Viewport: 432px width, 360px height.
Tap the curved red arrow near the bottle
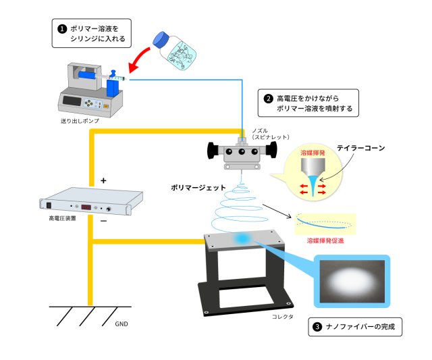point(138,59)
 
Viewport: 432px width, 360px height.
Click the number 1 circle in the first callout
point(62,29)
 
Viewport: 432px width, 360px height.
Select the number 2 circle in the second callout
point(268,99)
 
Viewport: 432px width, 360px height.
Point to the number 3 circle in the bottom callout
point(317,327)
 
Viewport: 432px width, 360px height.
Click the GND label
point(122,324)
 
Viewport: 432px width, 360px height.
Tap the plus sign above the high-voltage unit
point(103,180)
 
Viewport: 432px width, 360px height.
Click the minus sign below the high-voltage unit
point(103,221)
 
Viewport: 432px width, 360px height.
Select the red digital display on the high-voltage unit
point(86,207)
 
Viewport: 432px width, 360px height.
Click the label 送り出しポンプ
point(80,121)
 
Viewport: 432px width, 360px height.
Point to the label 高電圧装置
point(62,218)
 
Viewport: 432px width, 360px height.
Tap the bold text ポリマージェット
point(198,188)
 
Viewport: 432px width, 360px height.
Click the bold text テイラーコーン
point(361,148)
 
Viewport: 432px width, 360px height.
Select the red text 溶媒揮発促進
point(325,240)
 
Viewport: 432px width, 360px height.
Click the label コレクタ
point(283,317)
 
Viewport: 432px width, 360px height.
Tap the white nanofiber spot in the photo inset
point(352,282)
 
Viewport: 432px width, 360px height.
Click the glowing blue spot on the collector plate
point(242,238)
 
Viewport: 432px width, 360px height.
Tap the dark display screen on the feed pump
point(72,101)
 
